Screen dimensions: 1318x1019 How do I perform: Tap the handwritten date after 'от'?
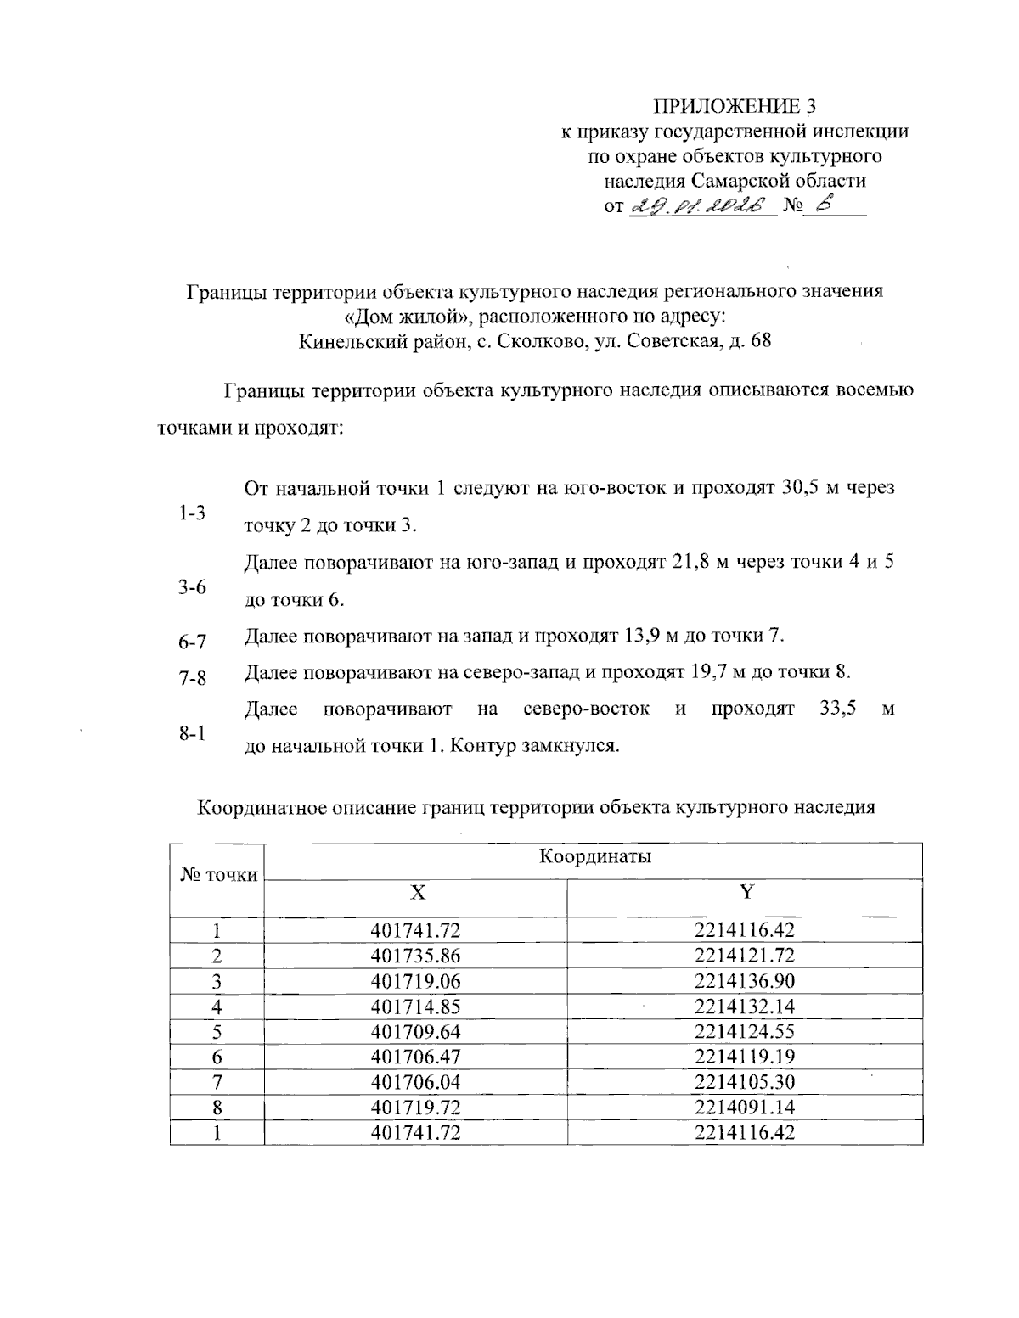point(701,205)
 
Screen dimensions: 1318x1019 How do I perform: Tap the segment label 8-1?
point(192,734)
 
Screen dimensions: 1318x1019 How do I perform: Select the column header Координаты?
point(595,856)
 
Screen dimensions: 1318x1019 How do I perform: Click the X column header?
point(417,892)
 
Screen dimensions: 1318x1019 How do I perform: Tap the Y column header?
point(745,892)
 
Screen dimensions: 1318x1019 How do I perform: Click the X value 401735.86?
point(415,956)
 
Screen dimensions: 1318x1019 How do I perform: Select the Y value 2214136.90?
point(744,981)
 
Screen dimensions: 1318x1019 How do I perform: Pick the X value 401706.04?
point(415,1082)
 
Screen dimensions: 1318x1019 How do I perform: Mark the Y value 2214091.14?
point(744,1108)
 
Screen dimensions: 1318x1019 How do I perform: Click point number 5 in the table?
point(217,1032)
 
